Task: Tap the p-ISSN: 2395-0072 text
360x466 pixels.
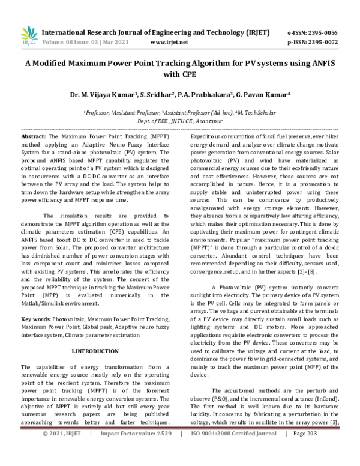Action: tap(313, 43)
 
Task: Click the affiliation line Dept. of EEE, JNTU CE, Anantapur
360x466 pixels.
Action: tap(179, 121)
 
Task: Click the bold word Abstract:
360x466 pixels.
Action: tap(34, 137)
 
